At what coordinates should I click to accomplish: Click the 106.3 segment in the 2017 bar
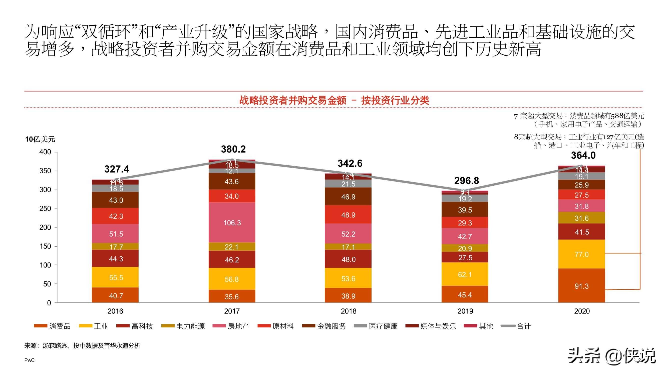pyautogui.click(x=232, y=222)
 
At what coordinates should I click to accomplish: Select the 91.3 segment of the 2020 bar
pyautogui.click(x=581, y=286)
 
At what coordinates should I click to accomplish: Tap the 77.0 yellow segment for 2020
pyautogui.click(x=581, y=254)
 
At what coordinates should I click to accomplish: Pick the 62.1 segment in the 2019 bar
pyautogui.click(x=465, y=274)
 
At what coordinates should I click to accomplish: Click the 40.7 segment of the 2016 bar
pyautogui.click(x=116, y=295)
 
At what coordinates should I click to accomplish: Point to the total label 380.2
pyautogui.click(x=233, y=149)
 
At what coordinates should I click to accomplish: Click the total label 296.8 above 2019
pyautogui.click(x=467, y=181)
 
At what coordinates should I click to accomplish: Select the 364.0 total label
pyautogui.click(x=583, y=155)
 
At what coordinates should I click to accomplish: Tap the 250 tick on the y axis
pyautogui.click(x=45, y=208)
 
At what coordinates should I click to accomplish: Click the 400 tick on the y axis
pyautogui.click(x=45, y=152)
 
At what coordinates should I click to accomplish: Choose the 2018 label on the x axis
pyautogui.click(x=349, y=311)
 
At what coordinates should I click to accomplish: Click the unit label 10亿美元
pyautogui.click(x=40, y=139)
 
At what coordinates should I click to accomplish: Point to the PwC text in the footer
pyautogui.click(x=29, y=360)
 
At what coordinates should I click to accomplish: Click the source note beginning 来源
pyautogui.click(x=82, y=345)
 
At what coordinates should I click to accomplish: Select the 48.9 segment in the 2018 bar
pyautogui.click(x=348, y=215)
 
